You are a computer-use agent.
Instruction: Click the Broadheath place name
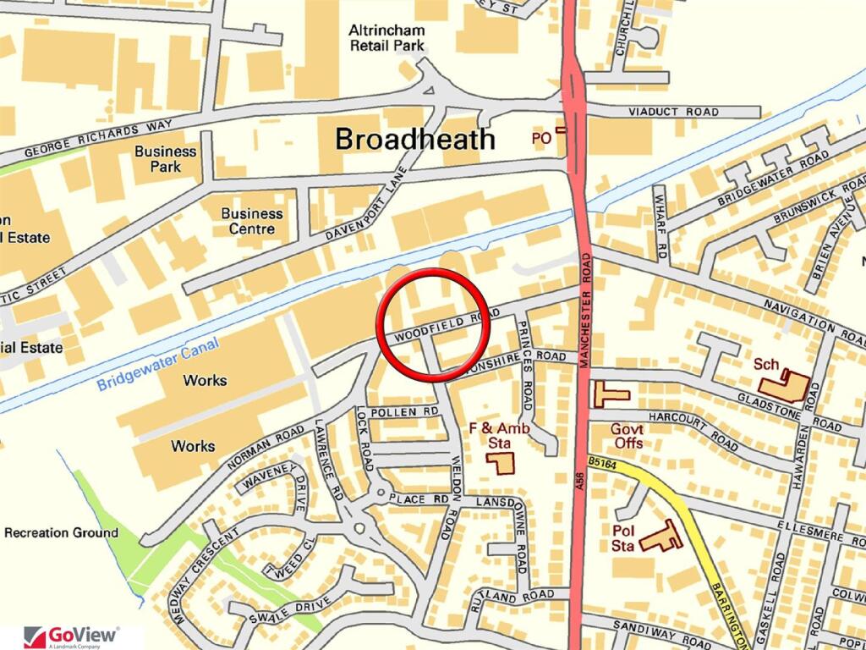click(415, 138)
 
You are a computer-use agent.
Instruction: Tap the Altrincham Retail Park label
click(386, 37)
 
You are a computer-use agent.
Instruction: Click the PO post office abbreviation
click(541, 137)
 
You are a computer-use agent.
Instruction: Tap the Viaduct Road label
click(673, 112)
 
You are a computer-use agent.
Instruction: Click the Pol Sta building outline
click(660, 537)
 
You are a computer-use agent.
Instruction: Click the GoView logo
click(72, 635)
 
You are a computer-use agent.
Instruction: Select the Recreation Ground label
click(61, 532)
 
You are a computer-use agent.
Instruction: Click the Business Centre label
click(252, 221)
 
